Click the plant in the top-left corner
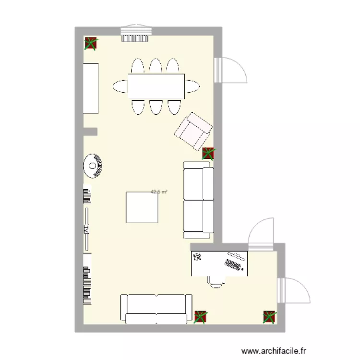tap(90, 44)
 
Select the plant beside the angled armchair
tap(209, 154)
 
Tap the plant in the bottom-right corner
tap(270, 317)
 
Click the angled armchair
tap(193, 131)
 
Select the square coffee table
tap(142, 207)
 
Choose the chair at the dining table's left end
tap(120, 86)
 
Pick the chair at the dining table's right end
tap(192, 86)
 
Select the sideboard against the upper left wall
tap(91, 88)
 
